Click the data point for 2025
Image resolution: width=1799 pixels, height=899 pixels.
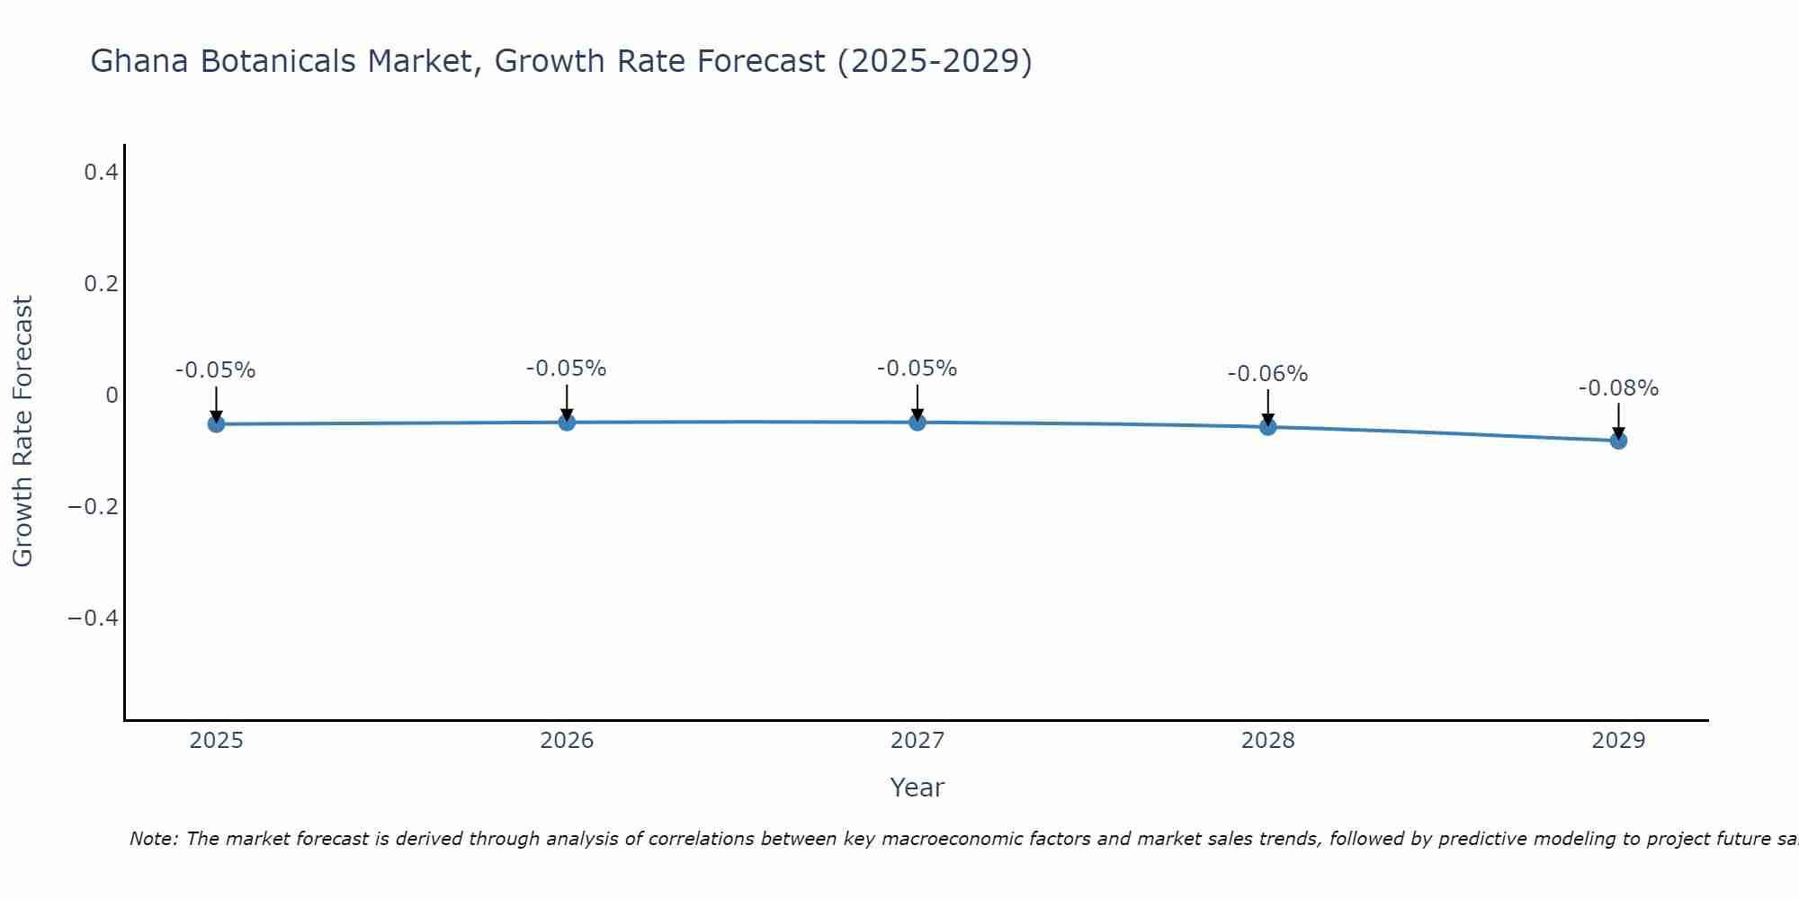[x=216, y=423]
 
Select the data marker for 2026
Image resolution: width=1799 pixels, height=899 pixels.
[x=567, y=422]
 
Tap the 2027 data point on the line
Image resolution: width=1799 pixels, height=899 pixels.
[x=917, y=422]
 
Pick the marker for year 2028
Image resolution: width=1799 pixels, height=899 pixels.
[x=1267, y=426]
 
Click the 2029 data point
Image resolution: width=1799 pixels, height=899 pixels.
[x=1618, y=441]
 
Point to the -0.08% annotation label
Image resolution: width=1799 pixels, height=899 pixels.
[x=1618, y=388]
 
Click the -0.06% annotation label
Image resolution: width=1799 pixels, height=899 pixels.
[x=1267, y=374]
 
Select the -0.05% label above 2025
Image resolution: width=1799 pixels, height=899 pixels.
[x=216, y=370]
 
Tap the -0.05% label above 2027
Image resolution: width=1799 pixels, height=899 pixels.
[x=917, y=369]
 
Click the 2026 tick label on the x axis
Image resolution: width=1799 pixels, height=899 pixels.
[x=567, y=741]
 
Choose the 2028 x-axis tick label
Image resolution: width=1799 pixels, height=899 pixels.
[x=1267, y=741]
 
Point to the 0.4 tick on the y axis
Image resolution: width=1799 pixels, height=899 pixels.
[x=102, y=172]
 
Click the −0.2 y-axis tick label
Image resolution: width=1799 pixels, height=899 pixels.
[x=94, y=507]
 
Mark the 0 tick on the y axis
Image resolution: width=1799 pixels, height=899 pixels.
[x=112, y=396]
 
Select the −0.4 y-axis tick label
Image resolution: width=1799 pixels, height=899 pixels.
[x=94, y=619]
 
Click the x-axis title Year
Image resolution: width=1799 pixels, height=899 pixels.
[x=917, y=788]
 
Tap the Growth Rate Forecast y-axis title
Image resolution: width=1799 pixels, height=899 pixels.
[x=22, y=432]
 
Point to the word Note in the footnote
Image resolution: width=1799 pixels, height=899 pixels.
[x=153, y=839]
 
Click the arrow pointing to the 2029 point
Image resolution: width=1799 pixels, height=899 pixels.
[x=1618, y=419]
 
